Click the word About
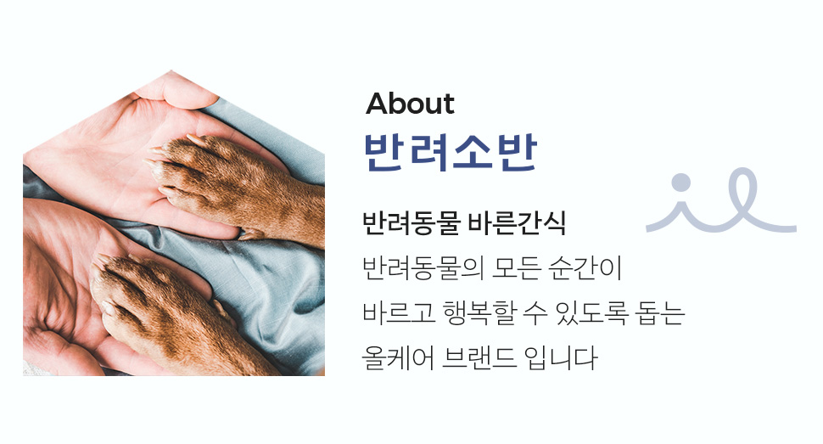click(410, 104)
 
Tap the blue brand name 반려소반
click(451, 152)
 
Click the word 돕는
click(660, 313)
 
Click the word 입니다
click(561, 358)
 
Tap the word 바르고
click(399, 313)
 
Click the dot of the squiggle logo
click(680, 183)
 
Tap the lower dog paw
click(173, 310)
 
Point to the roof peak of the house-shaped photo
click(171, 70)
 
